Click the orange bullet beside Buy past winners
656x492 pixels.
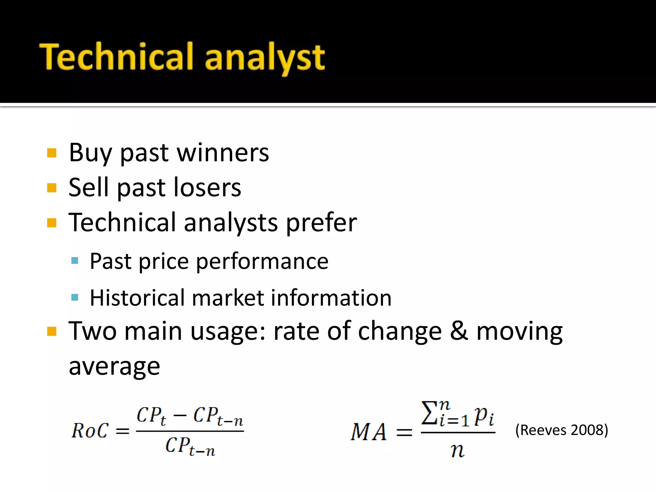52,153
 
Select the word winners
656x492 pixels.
223,153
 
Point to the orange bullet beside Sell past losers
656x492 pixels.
52,188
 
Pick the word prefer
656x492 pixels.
321,223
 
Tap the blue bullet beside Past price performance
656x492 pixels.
75,260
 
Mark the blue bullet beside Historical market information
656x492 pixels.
75,298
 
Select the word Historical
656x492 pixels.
137,298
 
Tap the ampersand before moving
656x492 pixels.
459,331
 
